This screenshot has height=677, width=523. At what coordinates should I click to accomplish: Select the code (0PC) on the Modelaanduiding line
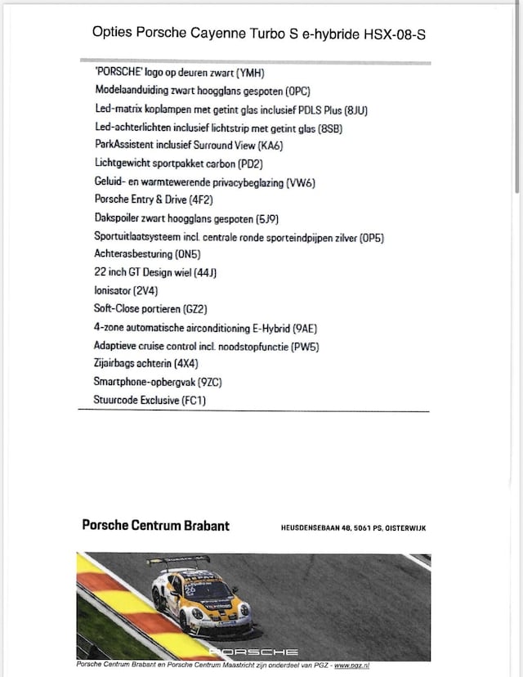pos(294,91)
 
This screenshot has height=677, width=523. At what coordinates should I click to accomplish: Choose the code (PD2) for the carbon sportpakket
pos(241,164)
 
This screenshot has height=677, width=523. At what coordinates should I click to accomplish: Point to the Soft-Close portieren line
pos(150,310)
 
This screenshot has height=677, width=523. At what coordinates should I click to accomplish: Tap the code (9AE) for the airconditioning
pos(302,328)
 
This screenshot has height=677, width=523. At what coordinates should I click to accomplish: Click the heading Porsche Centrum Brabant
pos(156,526)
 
